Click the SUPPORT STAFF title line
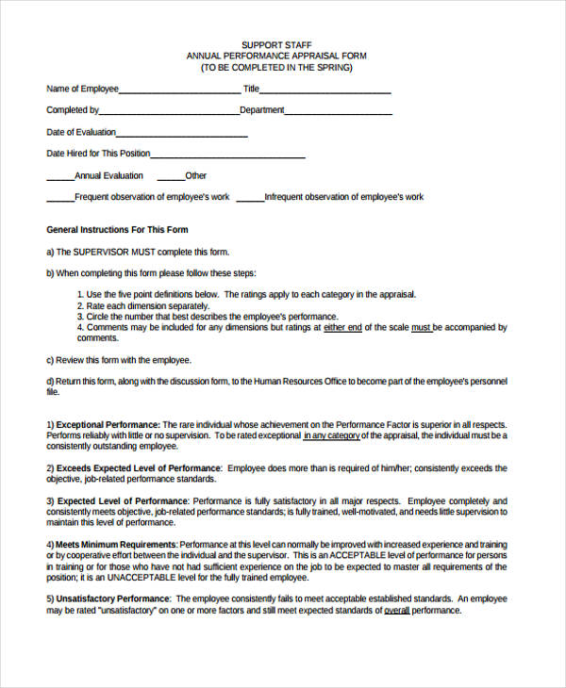[x=276, y=44]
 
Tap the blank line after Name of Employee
[x=180, y=91]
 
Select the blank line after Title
[x=325, y=91]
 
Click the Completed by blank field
[x=170, y=113]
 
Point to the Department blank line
[x=339, y=113]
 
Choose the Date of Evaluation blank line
[x=182, y=136]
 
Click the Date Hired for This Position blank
[x=227, y=156]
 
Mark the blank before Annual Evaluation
[x=60, y=178]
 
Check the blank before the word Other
[x=171, y=178]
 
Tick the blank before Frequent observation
[x=60, y=200]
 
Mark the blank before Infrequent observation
[x=250, y=200]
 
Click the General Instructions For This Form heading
[x=118, y=230]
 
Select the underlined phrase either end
[x=342, y=327]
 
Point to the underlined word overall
[x=396, y=610]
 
